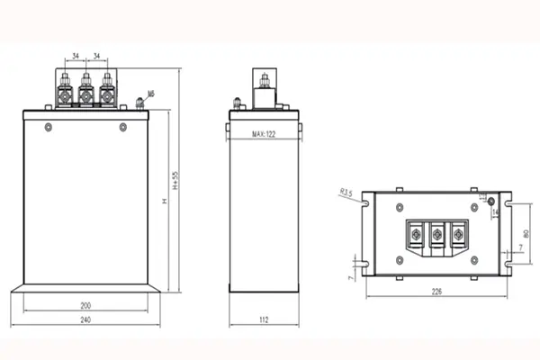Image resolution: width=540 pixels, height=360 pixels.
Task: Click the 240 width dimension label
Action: tap(86, 319)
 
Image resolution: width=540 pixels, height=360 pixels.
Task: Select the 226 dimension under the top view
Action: tap(437, 291)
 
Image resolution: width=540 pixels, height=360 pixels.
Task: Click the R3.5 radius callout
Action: tap(346, 191)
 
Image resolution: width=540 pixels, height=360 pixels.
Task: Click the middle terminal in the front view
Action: tap(86, 91)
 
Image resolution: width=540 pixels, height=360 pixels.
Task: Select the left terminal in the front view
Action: tap(67, 91)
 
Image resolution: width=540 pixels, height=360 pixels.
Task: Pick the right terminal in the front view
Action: tap(106, 91)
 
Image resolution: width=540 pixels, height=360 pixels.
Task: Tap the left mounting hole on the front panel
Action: tap(48, 126)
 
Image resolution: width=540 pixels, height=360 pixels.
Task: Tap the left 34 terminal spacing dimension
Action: tap(76, 56)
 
